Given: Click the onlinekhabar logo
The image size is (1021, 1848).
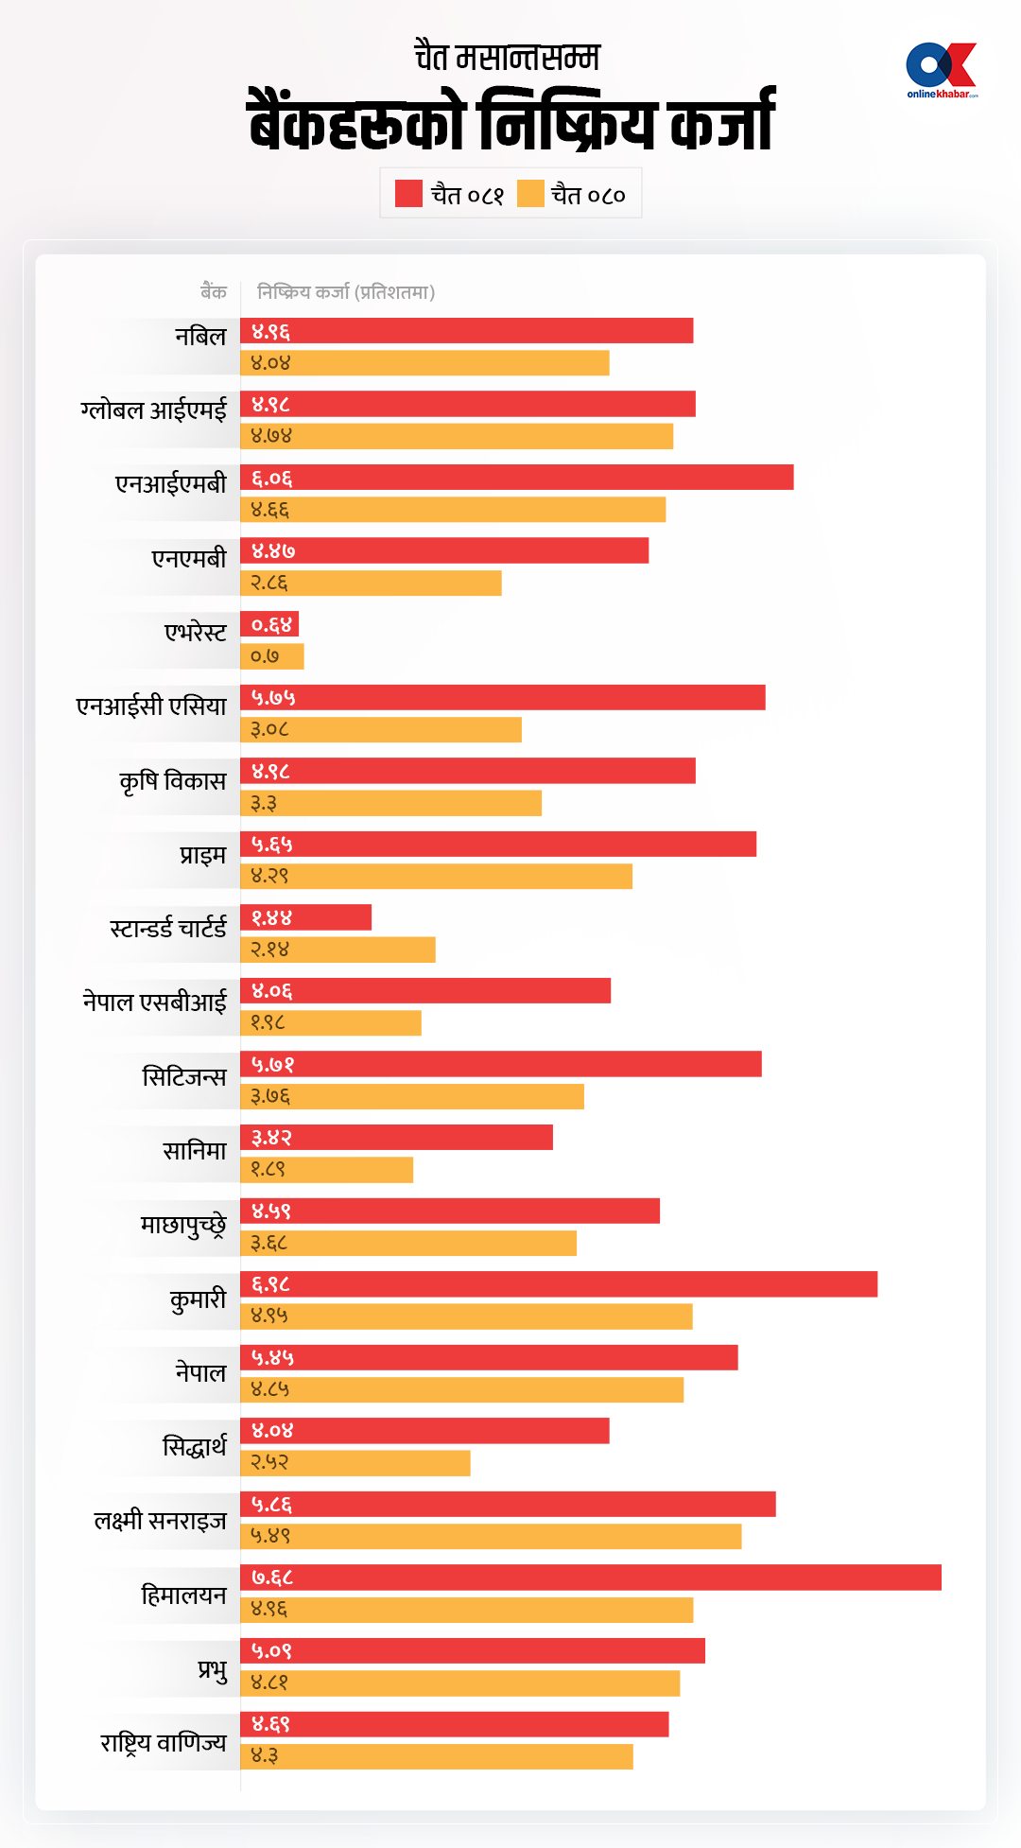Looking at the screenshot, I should (941, 70).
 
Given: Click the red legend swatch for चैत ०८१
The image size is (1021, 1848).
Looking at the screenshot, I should (408, 194).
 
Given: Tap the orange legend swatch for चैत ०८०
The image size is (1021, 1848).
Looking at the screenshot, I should (530, 194).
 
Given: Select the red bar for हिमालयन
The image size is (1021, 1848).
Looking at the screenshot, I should (591, 1578).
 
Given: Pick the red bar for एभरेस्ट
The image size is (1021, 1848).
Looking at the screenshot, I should (269, 624).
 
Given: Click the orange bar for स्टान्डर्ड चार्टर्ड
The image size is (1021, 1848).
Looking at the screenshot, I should (337, 950).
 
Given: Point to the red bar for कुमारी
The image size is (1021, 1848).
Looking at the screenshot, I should (559, 1284).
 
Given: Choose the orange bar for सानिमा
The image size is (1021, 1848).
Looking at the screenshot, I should (326, 1170).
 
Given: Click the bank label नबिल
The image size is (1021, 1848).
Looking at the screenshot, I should (200, 337).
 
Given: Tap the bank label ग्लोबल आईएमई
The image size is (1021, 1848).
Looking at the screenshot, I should (154, 410).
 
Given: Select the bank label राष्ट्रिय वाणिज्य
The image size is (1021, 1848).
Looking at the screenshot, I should (164, 1742).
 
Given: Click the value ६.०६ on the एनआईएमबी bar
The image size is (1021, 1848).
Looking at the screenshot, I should (272, 479).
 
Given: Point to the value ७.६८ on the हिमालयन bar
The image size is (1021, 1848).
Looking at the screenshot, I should (272, 1578).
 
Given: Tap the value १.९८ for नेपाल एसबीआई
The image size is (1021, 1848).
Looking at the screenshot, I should (268, 1023).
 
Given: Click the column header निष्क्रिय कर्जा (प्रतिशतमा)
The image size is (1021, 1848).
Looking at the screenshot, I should (346, 292).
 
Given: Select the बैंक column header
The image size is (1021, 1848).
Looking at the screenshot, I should (214, 292).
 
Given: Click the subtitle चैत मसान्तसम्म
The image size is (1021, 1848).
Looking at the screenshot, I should (508, 57).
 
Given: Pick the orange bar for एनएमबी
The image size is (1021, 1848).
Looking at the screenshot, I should (371, 584).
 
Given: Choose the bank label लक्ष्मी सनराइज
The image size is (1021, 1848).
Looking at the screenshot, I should (161, 1521).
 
